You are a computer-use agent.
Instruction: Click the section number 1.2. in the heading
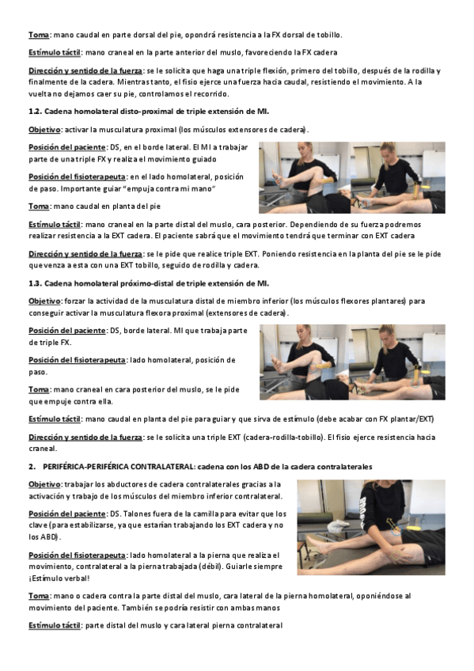pyautogui.click(x=35, y=112)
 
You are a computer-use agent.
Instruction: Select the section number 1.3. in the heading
pyautogui.click(x=35, y=284)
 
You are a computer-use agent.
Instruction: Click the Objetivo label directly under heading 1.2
pyautogui.click(x=44, y=130)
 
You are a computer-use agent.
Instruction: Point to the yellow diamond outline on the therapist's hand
pyautogui.click(x=396, y=556)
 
